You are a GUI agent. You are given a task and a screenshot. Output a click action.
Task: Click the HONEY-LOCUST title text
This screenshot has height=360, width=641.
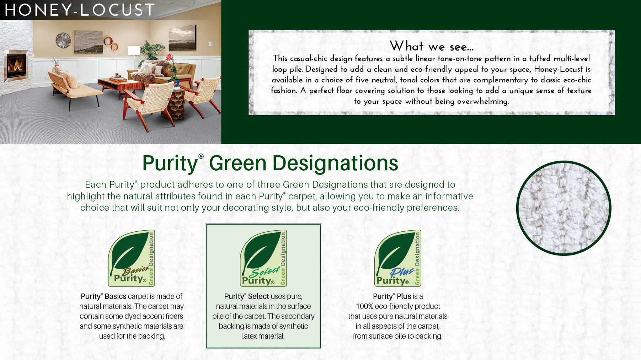[80, 10]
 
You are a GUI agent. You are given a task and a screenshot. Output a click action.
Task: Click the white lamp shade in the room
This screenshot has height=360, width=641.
[134, 50]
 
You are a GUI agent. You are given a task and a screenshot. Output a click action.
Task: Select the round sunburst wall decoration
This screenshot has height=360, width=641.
[63, 40]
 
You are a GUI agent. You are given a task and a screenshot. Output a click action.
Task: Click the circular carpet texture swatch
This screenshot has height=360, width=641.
[563, 208]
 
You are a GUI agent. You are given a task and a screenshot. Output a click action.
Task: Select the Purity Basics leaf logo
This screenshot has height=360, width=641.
[132, 258]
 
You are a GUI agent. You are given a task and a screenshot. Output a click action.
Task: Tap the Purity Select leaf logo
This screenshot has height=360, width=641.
[263, 258]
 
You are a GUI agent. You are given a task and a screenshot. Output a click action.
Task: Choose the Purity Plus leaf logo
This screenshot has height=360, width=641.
[398, 258]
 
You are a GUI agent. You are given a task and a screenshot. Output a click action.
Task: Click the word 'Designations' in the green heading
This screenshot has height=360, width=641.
[335, 163]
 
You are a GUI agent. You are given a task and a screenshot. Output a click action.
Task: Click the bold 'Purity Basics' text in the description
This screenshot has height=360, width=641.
[103, 296]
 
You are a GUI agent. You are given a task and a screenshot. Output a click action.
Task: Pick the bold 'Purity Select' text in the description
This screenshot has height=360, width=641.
[246, 296]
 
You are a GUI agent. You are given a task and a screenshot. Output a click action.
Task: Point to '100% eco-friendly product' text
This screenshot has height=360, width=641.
[398, 306]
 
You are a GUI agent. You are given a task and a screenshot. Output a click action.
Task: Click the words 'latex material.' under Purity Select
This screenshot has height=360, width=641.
[263, 336]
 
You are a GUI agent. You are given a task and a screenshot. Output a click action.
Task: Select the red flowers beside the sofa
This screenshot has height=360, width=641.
[170, 58]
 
